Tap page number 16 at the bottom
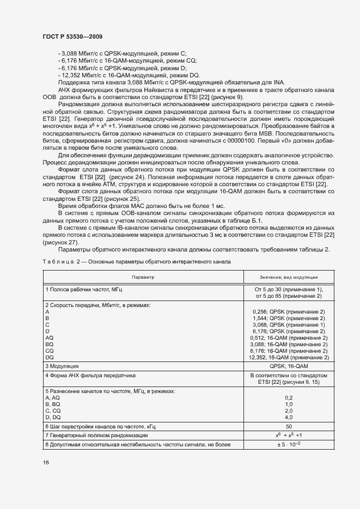[x=45, y=462]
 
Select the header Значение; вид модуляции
[x=289, y=277]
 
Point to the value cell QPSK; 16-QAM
[x=289, y=366]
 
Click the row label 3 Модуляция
[x=63, y=366]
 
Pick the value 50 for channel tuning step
[x=289, y=426]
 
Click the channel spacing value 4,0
[x=289, y=417]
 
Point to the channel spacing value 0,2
[x=289, y=397]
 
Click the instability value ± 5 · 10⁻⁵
[x=289, y=445]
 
